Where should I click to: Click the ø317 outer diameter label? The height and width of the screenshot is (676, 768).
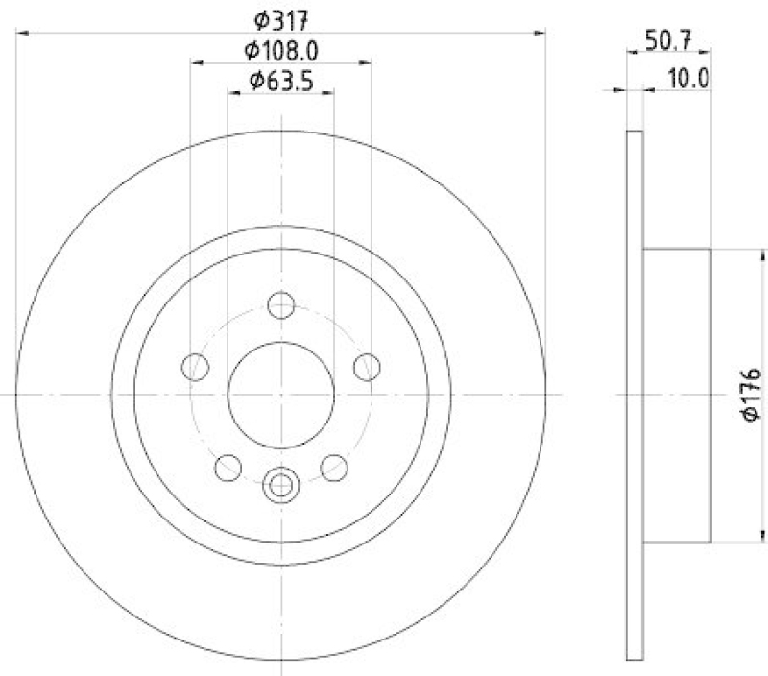pyautogui.click(x=280, y=18)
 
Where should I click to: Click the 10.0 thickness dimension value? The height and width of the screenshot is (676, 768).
pyautogui.click(x=687, y=79)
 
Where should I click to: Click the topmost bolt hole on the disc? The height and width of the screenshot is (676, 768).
pyautogui.click(x=280, y=306)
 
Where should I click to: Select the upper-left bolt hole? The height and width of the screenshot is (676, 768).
pyautogui.click(x=196, y=367)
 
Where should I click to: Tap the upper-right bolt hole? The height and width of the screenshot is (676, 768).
pyautogui.click(x=366, y=367)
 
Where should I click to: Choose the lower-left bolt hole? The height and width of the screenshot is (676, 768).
pyautogui.click(x=228, y=468)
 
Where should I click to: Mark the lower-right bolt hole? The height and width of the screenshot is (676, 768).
pyautogui.click(x=333, y=468)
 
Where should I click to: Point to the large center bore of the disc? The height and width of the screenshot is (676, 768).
pyautogui.click(x=280, y=394)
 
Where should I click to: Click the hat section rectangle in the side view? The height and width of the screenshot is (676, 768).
pyautogui.click(x=676, y=394)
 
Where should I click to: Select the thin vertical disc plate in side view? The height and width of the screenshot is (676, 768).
pyautogui.click(x=634, y=394)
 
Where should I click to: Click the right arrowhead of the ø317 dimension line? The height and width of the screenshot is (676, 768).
pyautogui.click(x=540, y=34)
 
